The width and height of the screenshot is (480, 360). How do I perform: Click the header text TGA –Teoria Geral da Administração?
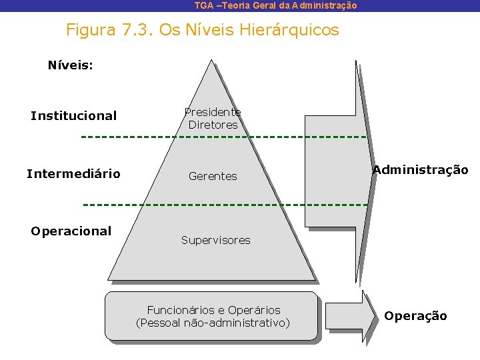click(x=275, y=5)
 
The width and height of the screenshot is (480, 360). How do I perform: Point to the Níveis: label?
click(x=70, y=65)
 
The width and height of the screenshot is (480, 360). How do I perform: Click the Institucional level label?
click(x=73, y=116)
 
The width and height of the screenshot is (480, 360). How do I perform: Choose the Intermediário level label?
click(x=73, y=174)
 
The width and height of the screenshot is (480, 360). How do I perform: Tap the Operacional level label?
click(x=71, y=231)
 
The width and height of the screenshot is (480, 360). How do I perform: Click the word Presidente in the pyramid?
click(x=213, y=112)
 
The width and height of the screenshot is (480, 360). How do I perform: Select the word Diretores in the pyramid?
click(x=213, y=125)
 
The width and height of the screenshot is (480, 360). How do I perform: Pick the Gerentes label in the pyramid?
click(x=213, y=176)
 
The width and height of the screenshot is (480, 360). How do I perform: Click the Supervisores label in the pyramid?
click(x=215, y=240)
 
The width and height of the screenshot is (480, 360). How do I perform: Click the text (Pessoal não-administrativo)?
click(x=213, y=323)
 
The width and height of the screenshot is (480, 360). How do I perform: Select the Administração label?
click(x=420, y=170)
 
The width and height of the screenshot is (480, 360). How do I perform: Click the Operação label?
click(x=415, y=316)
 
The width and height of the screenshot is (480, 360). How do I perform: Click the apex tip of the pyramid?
click(x=211, y=61)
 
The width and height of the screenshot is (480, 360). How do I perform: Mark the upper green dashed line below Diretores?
click(x=223, y=137)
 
